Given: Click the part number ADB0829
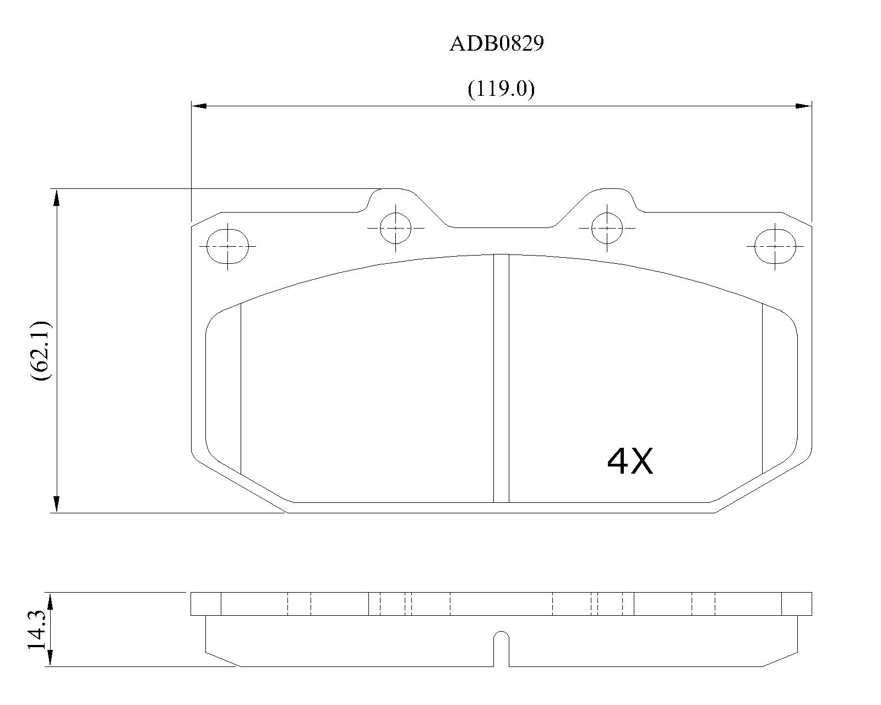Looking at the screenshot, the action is pyautogui.click(x=497, y=44).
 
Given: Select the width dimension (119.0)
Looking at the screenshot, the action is pyautogui.click(x=501, y=89).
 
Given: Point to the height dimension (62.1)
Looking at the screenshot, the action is pyautogui.click(x=41, y=351).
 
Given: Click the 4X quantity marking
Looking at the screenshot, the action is pyautogui.click(x=629, y=461).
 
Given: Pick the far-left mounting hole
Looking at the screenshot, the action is pyautogui.click(x=227, y=246).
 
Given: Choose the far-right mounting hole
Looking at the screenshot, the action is pyautogui.click(x=775, y=246).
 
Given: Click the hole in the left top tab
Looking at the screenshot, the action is pyautogui.click(x=395, y=228).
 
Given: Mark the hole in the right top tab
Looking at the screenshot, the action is pyautogui.click(x=607, y=228).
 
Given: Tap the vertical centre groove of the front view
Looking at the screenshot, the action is pyautogui.click(x=501, y=378).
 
